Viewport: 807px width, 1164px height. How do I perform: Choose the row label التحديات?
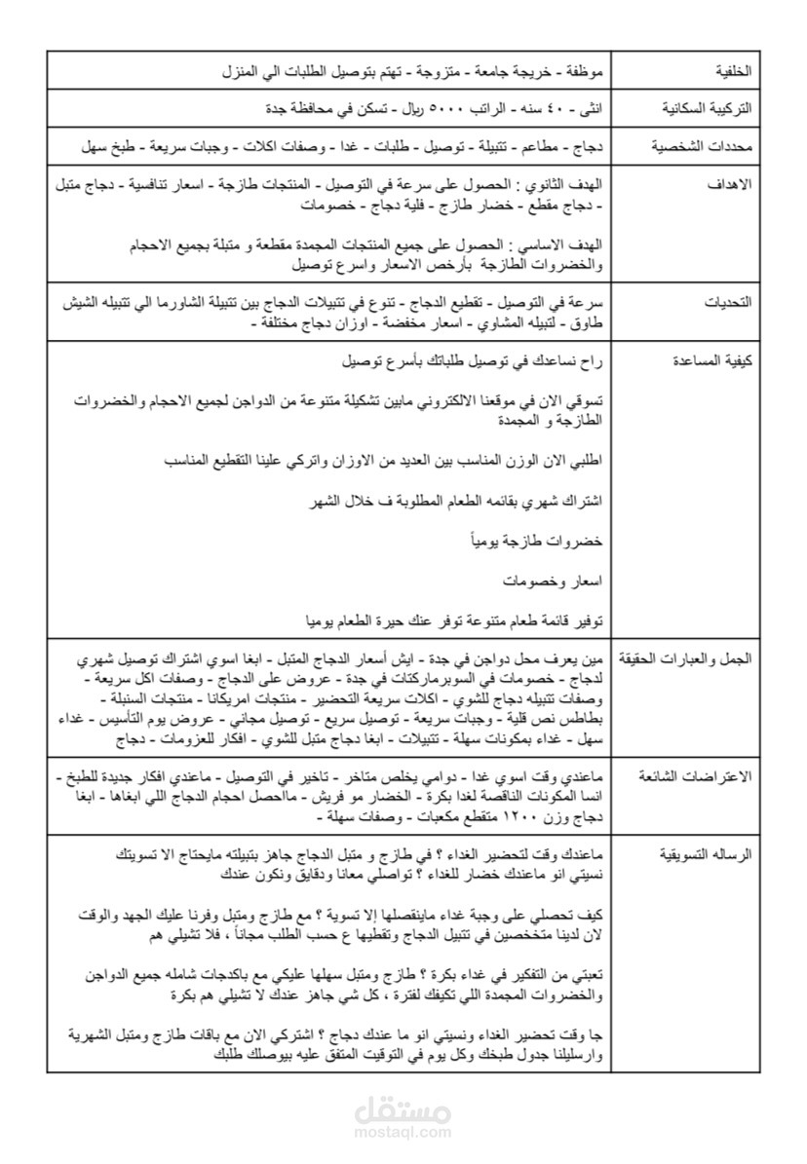[x=726, y=303]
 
